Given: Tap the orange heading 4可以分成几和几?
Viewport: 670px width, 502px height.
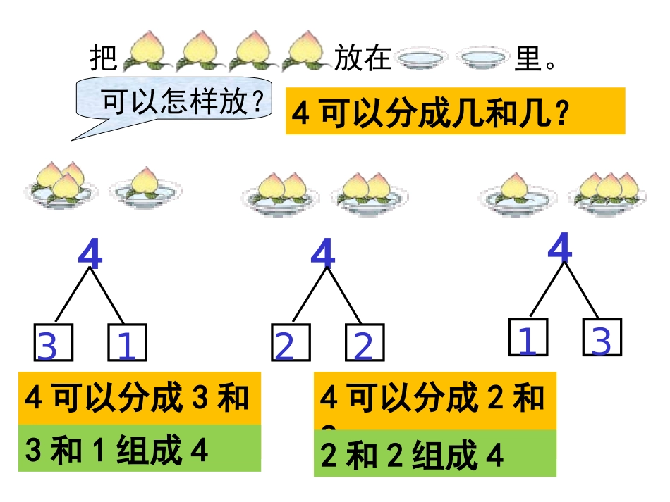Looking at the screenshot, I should [x=455, y=111].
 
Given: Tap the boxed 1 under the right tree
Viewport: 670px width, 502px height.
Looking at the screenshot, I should [x=528, y=337].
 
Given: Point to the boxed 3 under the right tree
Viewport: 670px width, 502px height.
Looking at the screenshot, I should [x=602, y=337].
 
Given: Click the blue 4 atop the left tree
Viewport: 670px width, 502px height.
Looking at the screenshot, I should [x=90, y=255].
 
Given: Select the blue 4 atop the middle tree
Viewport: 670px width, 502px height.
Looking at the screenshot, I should [x=323, y=255].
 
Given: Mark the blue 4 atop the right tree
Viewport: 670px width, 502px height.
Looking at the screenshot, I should [x=560, y=248].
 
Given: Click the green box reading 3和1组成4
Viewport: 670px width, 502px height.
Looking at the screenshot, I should [x=140, y=448].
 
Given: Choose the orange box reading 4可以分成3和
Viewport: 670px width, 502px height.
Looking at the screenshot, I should [x=140, y=399].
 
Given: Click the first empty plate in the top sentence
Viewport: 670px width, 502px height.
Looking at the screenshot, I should [x=423, y=58].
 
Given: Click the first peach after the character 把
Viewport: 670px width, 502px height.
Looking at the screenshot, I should [x=145, y=51].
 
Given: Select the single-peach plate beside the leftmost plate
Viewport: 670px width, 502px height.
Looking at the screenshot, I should [x=145, y=187].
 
